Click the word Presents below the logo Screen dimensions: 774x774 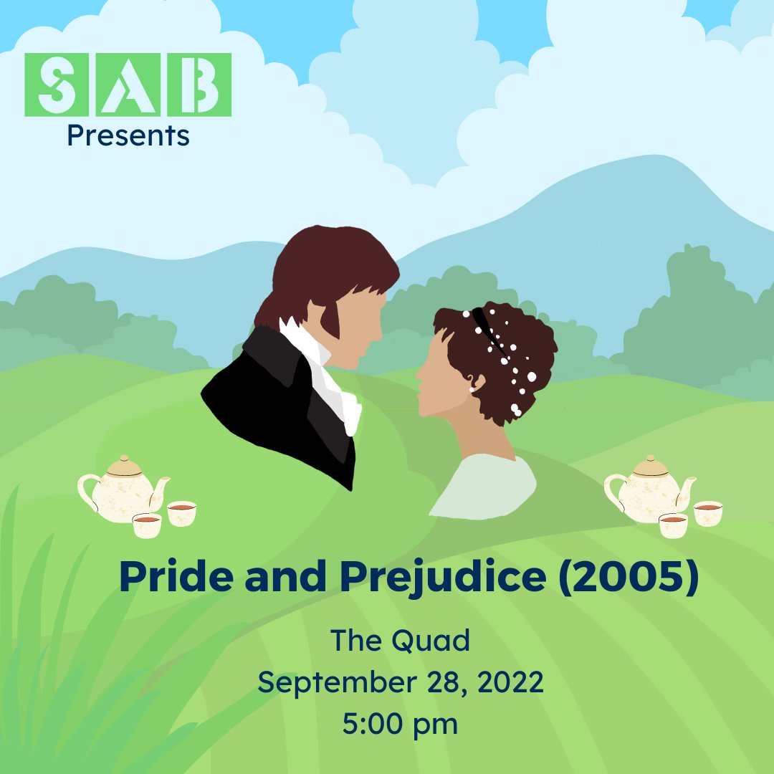(128, 135)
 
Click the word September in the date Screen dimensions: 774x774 (335, 682)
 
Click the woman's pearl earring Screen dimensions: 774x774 (472, 389)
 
